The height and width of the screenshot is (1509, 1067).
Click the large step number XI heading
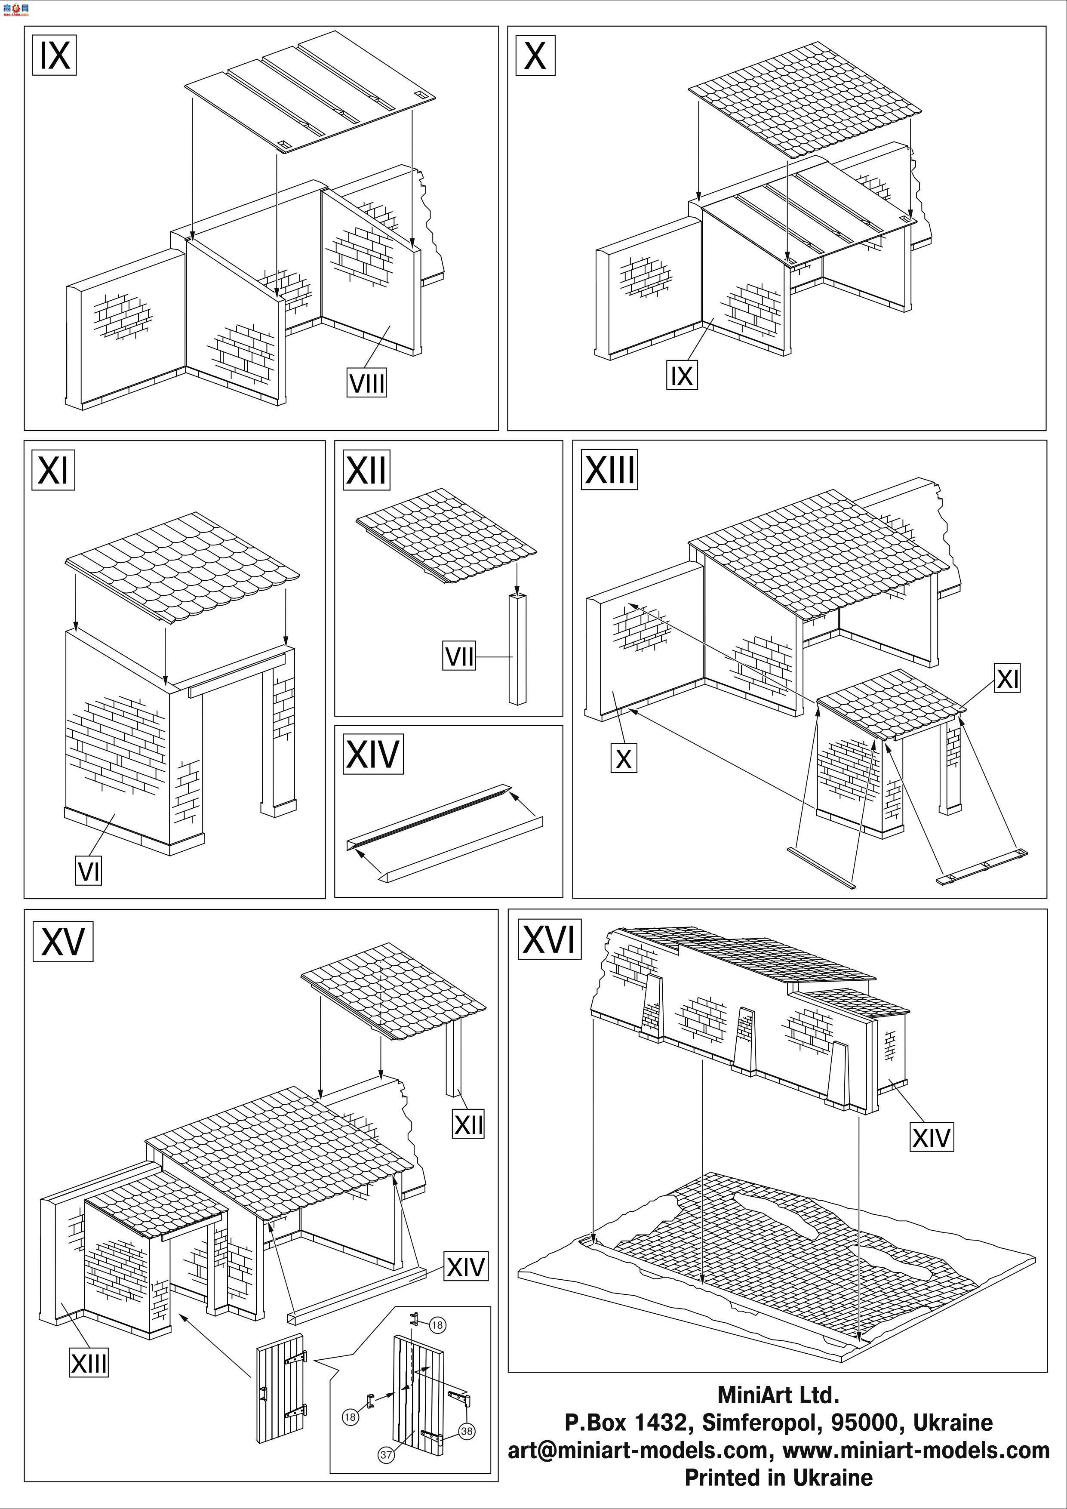(53, 469)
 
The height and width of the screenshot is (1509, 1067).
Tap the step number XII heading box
(366, 469)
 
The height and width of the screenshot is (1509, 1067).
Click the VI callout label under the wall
(89, 872)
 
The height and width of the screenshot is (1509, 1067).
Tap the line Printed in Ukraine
(778, 1478)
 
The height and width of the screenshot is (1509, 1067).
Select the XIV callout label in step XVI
(931, 1137)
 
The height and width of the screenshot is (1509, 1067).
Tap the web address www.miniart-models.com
(916, 1450)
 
